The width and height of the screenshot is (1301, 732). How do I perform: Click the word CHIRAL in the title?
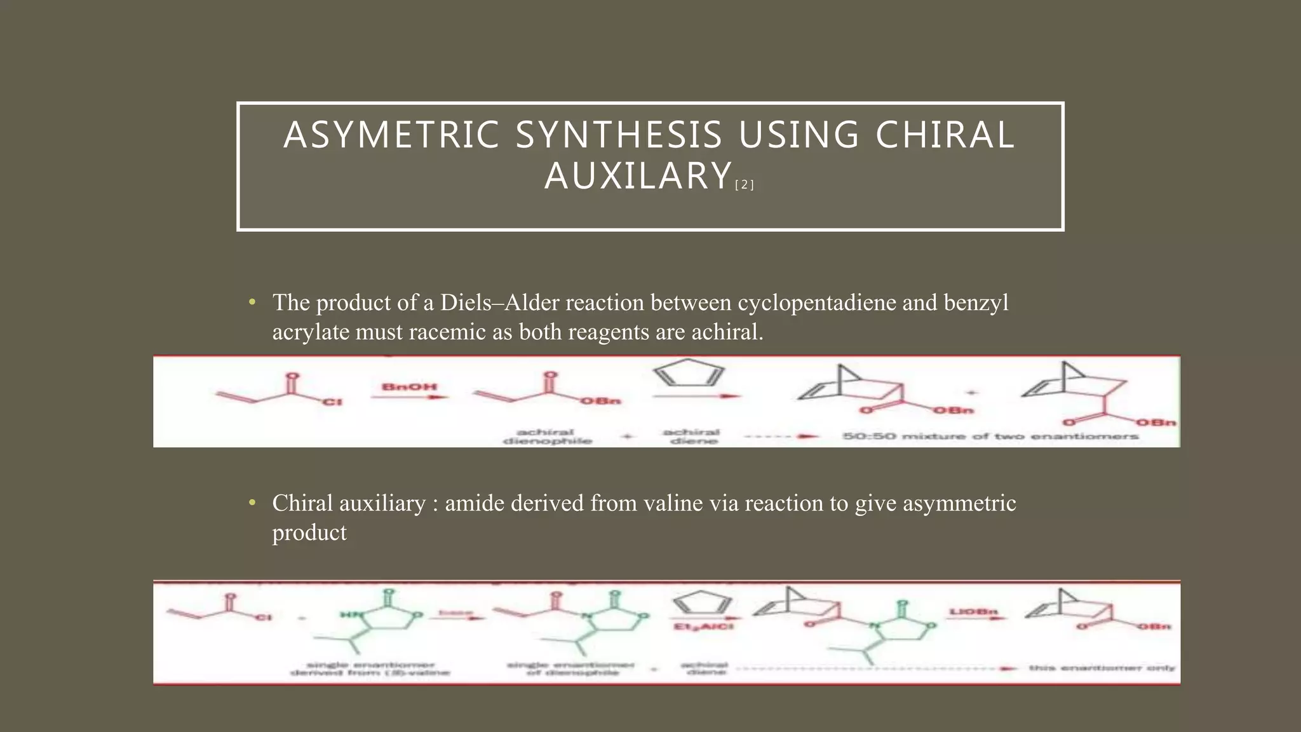945,135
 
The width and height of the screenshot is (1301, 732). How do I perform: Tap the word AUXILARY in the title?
638,176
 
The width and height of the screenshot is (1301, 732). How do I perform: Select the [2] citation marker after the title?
744,185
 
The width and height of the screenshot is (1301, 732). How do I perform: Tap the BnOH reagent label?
409,386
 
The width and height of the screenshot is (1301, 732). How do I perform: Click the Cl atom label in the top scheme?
333,402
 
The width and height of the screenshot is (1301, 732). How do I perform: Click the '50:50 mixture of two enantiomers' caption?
990,436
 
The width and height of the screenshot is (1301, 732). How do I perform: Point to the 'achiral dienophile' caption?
547,436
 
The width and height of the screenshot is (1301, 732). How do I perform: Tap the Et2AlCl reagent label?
703,627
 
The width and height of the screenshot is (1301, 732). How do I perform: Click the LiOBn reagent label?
973,611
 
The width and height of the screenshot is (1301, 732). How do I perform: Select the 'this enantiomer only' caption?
1102,668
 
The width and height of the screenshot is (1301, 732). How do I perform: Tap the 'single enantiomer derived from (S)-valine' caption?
370,668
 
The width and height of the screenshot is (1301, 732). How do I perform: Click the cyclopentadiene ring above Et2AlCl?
702,602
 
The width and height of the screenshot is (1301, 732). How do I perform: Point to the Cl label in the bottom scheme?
264,617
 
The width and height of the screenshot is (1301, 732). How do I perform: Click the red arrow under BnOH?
409,398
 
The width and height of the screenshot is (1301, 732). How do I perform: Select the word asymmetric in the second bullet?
959,503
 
